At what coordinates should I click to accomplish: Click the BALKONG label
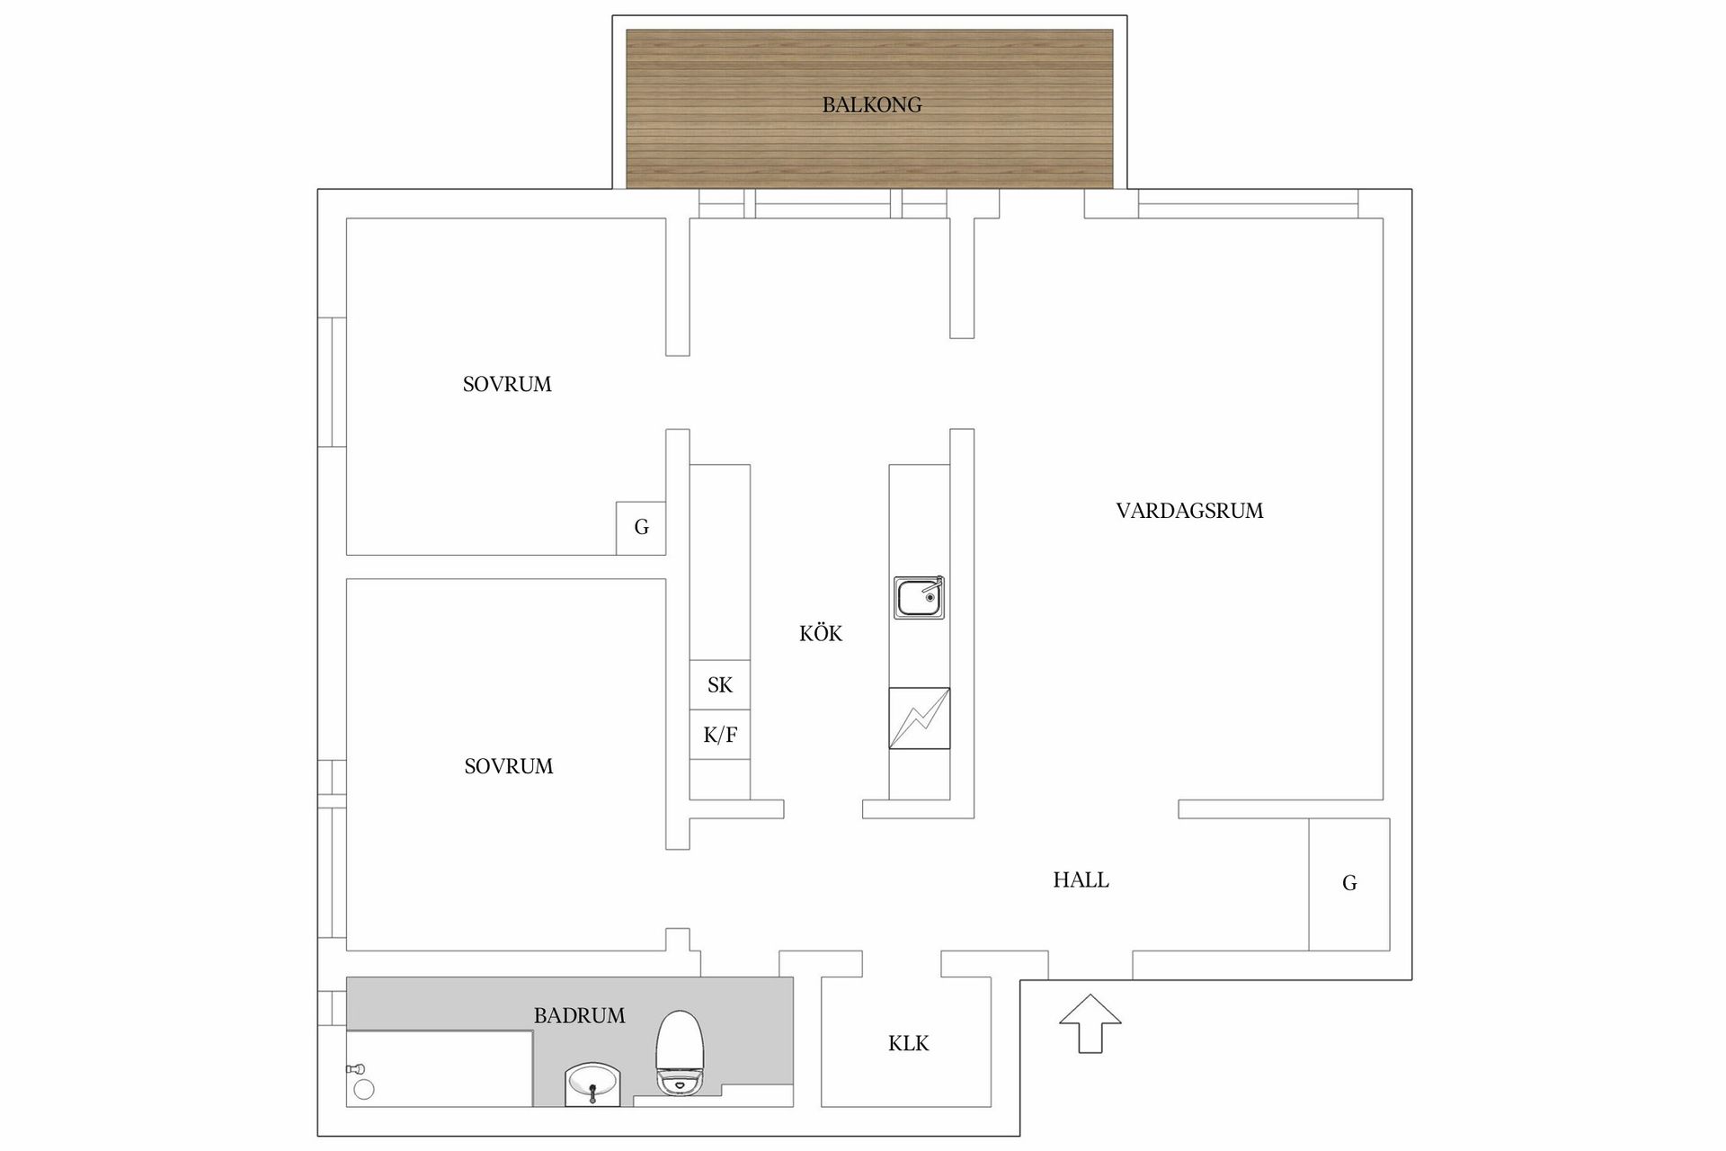(871, 105)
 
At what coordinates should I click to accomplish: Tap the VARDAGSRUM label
(1188, 511)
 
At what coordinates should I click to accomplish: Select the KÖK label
(820, 634)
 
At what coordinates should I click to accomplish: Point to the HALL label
(1081, 880)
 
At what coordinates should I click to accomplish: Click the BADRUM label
(579, 1016)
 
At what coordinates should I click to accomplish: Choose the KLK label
(908, 1044)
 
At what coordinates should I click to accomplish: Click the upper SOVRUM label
(507, 385)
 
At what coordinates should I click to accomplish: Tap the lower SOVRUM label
(508, 767)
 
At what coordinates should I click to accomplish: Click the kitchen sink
(918, 598)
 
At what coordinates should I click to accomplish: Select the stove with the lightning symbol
(919, 718)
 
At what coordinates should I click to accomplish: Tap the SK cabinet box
(719, 685)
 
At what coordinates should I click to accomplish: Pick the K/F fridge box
(719, 736)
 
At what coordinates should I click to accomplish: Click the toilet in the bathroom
(679, 1052)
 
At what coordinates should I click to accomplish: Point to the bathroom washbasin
(592, 1085)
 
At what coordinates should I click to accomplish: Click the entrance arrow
(1090, 1022)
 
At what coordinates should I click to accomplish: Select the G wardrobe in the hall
(1348, 884)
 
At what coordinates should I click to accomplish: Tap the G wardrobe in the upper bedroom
(641, 528)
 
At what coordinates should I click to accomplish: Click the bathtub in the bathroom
(440, 1068)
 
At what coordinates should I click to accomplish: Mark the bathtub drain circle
(363, 1090)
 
